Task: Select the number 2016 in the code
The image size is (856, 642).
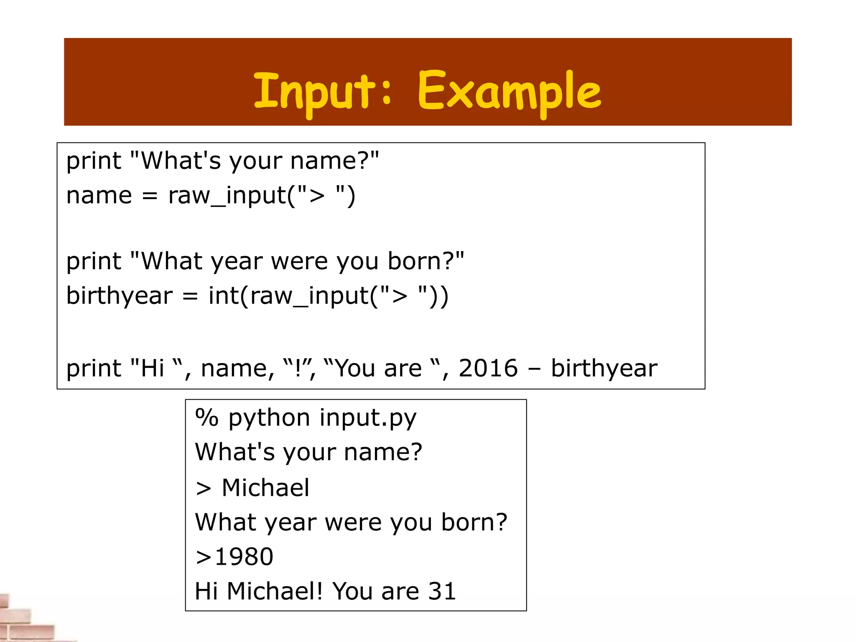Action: click(x=488, y=368)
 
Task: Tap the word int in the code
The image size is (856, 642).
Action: click(x=223, y=296)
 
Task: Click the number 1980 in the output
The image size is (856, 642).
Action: click(x=244, y=557)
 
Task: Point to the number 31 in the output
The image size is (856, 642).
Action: click(x=442, y=591)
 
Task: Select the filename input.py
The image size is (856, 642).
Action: click(x=368, y=418)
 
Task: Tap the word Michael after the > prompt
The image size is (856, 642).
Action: click(x=265, y=487)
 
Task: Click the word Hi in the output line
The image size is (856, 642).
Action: click(x=206, y=591)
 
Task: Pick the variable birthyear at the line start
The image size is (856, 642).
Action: click(x=119, y=296)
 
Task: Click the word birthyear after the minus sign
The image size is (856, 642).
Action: click(x=604, y=368)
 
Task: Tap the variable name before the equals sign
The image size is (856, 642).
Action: click(x=99, y=196)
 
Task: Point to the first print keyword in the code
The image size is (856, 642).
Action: click(x=94, y=161)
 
